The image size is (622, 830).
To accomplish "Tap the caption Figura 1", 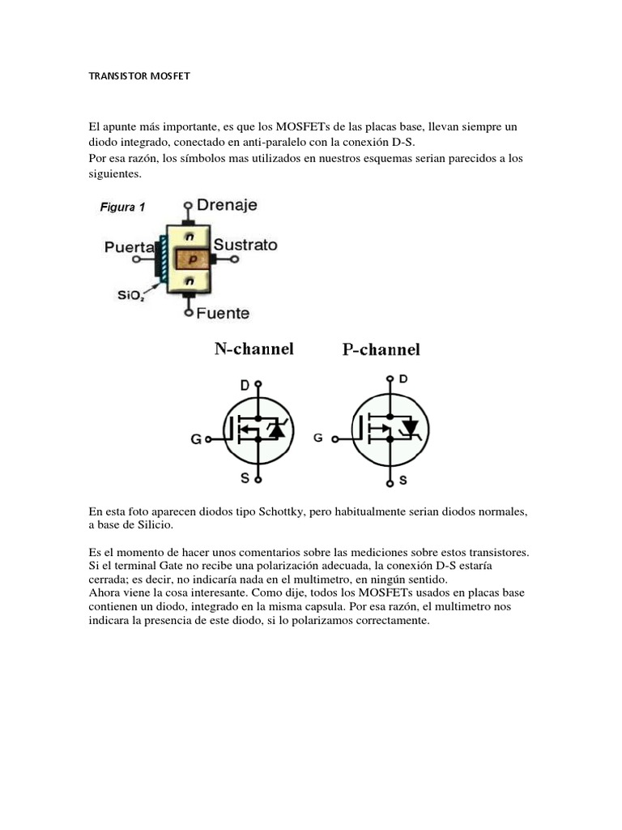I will coord(122,207).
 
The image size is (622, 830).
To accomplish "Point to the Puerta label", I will coord(129,250).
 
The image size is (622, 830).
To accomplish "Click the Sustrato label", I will coord(245,245).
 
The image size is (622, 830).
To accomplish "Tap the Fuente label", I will coord(223,313).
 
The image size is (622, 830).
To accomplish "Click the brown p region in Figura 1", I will coord(191,259).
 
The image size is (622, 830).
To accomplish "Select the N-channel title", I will coord(253,349).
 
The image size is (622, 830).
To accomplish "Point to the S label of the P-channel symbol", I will coord(403,481).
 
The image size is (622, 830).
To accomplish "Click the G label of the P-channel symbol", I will coord(317,437).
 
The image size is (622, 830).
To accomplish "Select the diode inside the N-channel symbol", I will coord(278,430).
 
